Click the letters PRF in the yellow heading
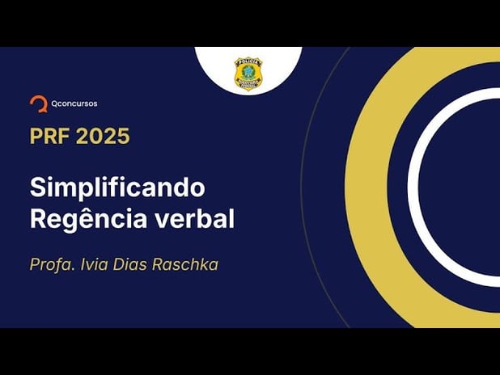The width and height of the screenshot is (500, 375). click(52, 136)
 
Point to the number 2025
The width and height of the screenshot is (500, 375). click(104, 136)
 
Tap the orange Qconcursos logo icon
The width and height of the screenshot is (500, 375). click(37, 103)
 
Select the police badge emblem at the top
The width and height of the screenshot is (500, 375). click(248, 73)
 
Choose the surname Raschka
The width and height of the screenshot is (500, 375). click(189, 264)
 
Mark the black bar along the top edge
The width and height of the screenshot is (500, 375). click(250, 23)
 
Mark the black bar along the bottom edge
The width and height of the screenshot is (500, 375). click(250, 351)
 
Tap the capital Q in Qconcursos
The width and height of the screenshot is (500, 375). click(53, 103)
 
